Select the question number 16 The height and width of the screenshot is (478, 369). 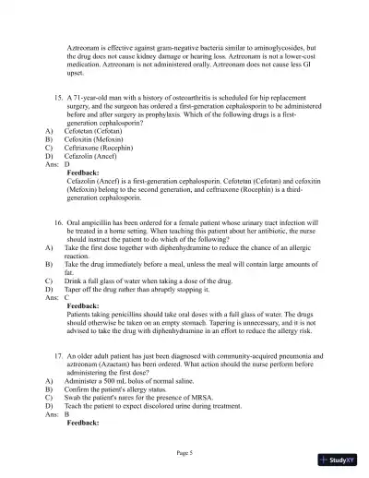click(x=59, y=223)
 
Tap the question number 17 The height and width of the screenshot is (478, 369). click(x=59, y=355)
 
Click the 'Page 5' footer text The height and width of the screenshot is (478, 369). click(x=184, y=452)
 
